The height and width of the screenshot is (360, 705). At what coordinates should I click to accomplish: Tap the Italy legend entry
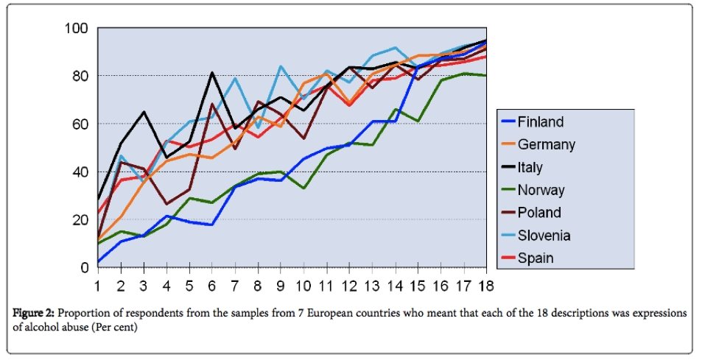click(540, 167)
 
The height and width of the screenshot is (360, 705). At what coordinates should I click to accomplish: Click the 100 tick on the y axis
click(77, 28)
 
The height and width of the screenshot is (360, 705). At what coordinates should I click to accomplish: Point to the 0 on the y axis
click(85, 267)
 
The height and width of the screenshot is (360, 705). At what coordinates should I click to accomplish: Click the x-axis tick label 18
click(485, 284)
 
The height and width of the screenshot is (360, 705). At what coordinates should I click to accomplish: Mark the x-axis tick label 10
click(302, 284)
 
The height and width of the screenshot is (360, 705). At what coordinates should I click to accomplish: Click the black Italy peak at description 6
click(211, 73)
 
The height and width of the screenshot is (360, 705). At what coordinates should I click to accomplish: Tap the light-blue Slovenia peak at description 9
click(280, 66)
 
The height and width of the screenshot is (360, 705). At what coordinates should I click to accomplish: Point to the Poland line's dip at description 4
click(166, 204)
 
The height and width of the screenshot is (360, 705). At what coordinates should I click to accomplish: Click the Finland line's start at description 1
click(98, 261)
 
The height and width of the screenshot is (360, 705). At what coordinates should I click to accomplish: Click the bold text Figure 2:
click(33, 313)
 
